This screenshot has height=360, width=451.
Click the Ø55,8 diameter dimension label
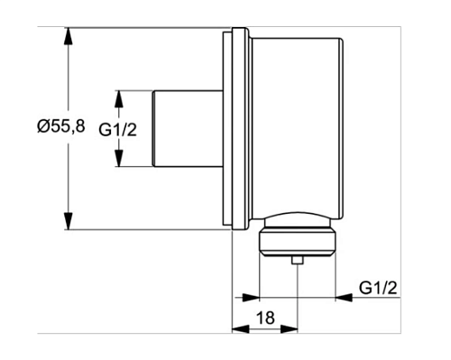[61, 126]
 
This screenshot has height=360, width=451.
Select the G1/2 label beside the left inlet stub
[118, 130]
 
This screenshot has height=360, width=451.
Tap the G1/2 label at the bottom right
[378, 288]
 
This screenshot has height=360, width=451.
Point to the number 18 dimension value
[265, 318]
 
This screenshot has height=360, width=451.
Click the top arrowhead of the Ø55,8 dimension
[69, 36]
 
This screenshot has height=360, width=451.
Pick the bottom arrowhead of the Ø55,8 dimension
[69, 221]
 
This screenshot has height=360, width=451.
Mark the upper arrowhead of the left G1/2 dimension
[119, 98]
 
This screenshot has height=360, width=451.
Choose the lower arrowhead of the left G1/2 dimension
[119, 158]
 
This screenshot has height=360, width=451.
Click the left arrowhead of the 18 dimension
[241, 328]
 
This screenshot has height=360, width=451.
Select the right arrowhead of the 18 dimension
[289, 328]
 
